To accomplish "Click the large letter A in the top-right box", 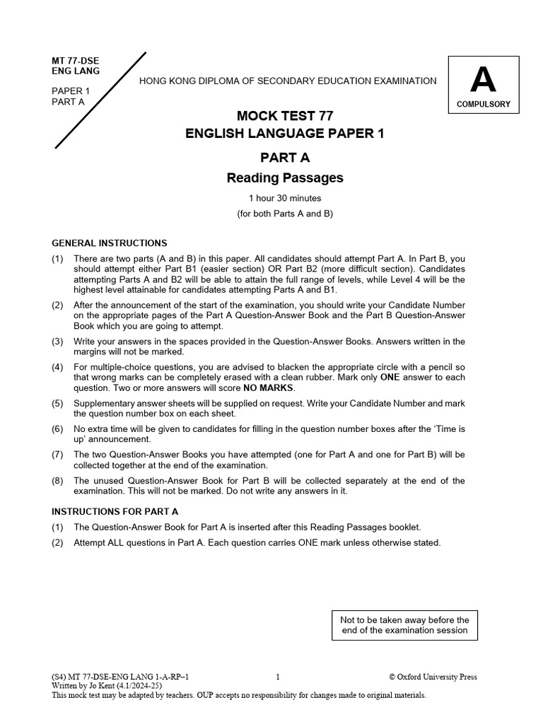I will pos(483,81).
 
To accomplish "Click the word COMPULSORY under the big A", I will pos(484,105).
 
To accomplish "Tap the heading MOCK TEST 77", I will pos(284,116).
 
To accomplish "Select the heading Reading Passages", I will pos(284,178).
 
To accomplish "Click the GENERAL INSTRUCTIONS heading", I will pos(110,243).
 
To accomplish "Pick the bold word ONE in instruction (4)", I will pos(390,378).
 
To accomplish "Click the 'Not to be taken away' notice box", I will pos(404,625).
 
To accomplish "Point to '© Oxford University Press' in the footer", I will pos(433,677).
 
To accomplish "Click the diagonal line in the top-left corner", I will pos(100,100).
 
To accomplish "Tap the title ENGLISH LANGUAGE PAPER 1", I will pos(284,134).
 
